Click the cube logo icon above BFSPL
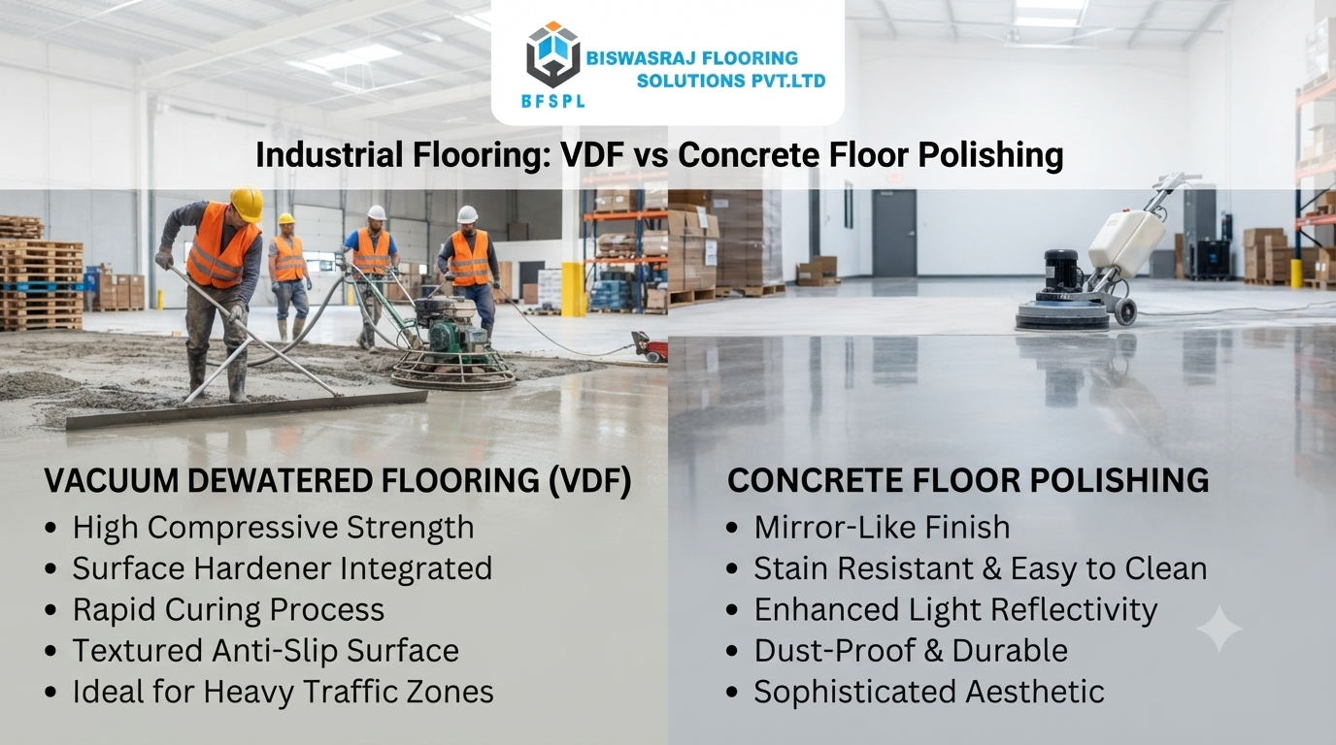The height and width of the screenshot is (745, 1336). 552,55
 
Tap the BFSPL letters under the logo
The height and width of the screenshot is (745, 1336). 552,101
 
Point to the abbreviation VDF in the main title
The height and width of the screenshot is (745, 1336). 591,155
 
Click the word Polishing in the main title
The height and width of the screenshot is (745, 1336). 990,155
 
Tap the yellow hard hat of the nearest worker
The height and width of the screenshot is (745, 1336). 247,204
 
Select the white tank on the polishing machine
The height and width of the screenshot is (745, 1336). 1126,241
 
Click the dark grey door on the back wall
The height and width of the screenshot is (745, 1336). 894,233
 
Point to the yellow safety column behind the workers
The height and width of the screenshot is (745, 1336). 573,288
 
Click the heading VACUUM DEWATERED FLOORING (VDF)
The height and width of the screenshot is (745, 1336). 338,480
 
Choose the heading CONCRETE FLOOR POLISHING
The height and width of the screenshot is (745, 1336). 968,480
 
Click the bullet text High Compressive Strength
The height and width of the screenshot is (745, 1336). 273,528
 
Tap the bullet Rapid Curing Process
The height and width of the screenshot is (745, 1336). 228,610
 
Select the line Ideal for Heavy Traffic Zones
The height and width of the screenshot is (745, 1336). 284,692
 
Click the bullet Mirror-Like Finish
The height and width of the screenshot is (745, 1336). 883,528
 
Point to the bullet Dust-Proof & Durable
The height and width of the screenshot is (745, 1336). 911,650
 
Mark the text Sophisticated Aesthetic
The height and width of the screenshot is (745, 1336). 929,692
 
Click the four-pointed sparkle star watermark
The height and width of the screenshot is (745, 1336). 1219,629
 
